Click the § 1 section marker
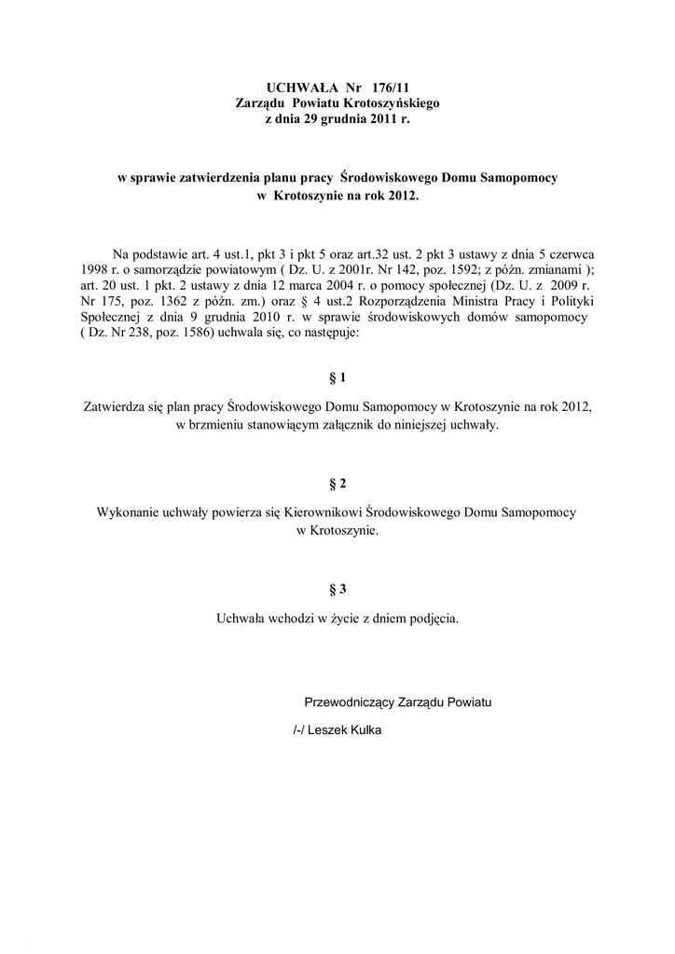pyautogui.click(x=337, y=377)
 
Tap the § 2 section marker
pyautogui.click(x=337, y=484)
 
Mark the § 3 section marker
pyautogui.click(x=337, y=589)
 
